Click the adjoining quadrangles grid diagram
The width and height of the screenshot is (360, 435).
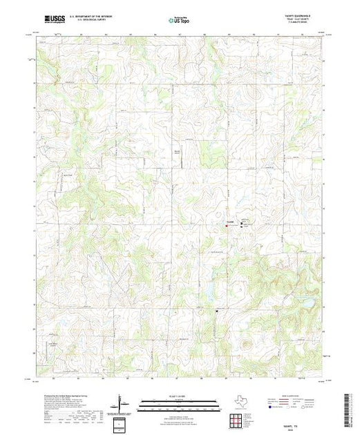235,418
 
